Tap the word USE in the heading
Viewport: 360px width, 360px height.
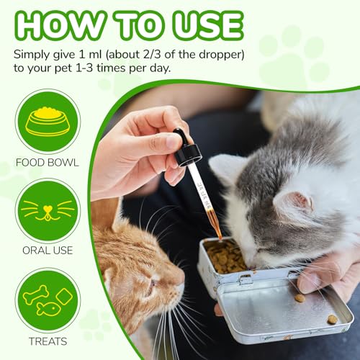(208, 25)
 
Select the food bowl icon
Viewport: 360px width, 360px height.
(48, 122)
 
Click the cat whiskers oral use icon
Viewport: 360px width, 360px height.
(48, 210)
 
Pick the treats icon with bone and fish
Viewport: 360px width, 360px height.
(48, 300)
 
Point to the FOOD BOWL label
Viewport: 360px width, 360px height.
(48, 163)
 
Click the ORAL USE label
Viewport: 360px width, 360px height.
(48, 251)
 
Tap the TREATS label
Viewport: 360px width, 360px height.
(48, 341)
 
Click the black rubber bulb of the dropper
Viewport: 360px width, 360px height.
(181, 136)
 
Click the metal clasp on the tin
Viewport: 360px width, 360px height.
(246, 279)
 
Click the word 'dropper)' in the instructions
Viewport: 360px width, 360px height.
(222, 55)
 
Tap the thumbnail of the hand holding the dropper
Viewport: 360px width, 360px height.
(171, 142)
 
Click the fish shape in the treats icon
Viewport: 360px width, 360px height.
(48, 309)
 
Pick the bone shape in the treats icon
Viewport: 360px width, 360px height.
(36, 294)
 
